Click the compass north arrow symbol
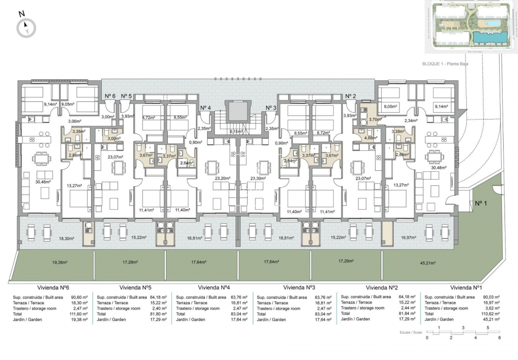click(26, 27)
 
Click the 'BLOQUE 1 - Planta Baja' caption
click(445, 63)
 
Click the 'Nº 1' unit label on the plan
click(481, 203)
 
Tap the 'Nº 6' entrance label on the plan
click(110, 96)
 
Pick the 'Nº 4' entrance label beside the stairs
click(205, 107)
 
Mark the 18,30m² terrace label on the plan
click(66, 238)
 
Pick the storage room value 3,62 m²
click(493, 308)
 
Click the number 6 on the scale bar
click(499, 337)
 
